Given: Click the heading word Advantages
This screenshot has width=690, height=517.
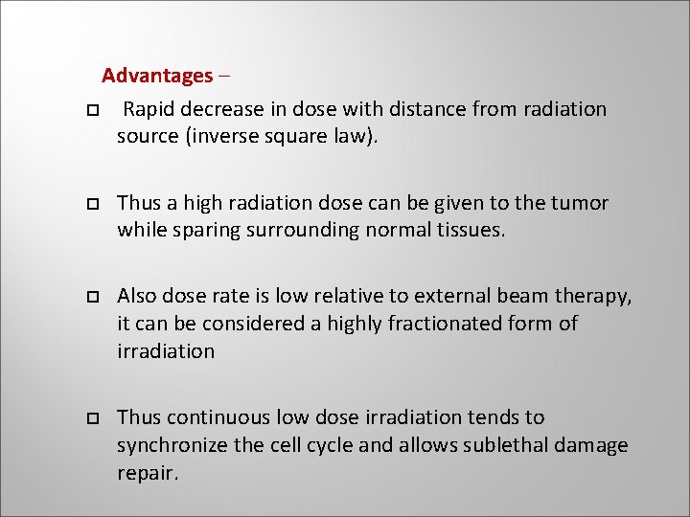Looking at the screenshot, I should coord(157,76).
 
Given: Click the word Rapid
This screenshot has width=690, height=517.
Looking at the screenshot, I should coord(149,109).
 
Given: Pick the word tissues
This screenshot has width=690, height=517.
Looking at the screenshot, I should coord(468,230).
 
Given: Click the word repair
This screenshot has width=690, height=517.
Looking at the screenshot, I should coord(148,472).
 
